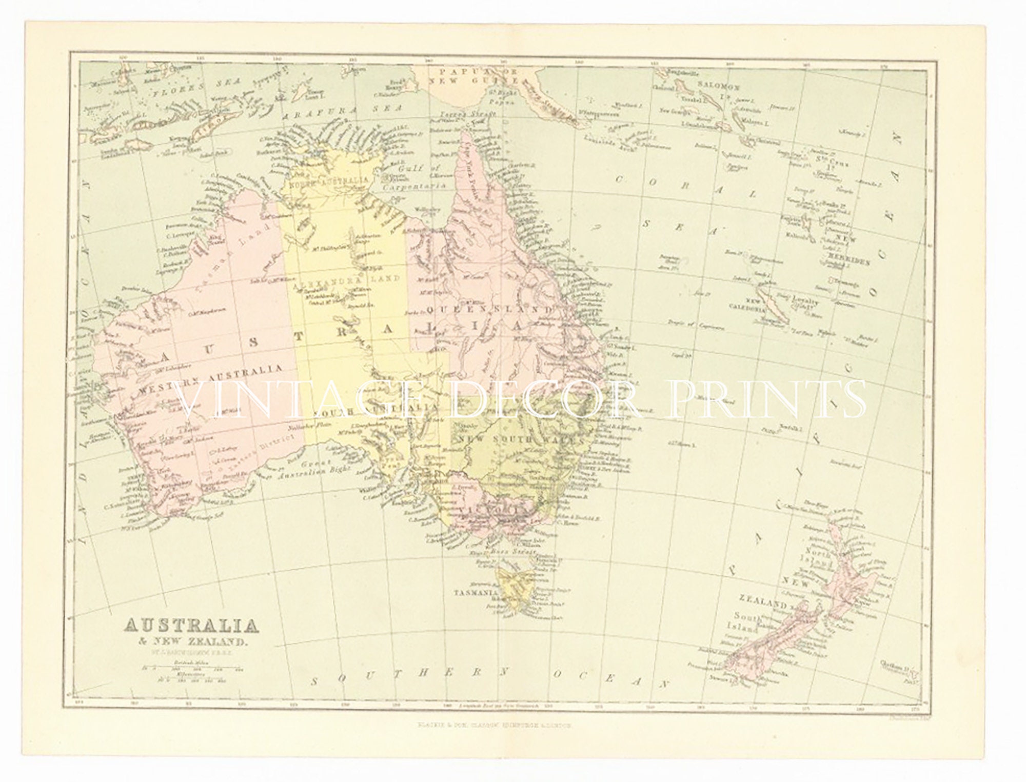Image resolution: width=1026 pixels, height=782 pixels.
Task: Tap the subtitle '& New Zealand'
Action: (186, 641)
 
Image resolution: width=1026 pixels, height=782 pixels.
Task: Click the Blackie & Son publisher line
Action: (493, 726)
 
